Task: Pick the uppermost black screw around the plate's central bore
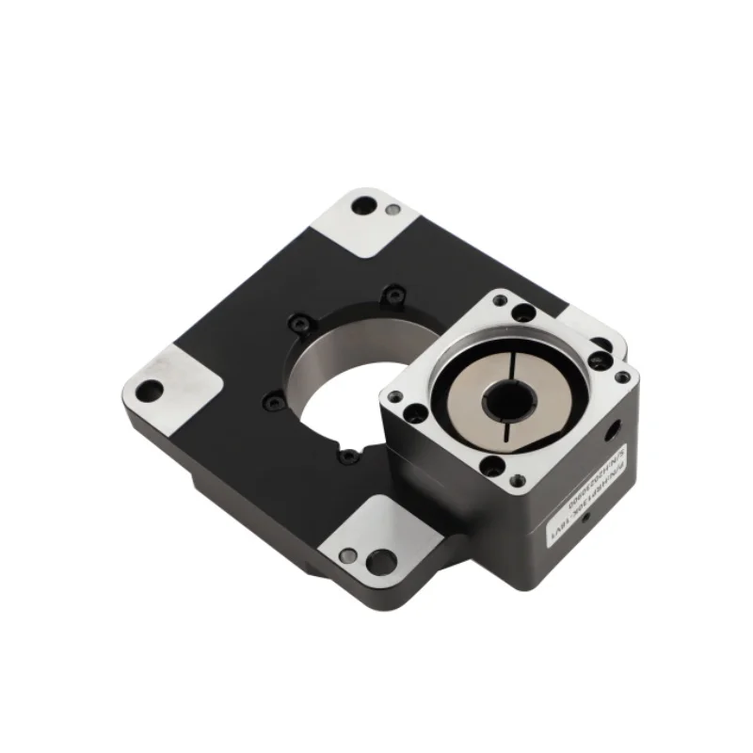click(x=393, y=298)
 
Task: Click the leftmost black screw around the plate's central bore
click(x=272, y=401)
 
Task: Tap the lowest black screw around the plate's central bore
click(x=349, y=456)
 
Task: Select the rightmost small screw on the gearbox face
click(x=621, y=377)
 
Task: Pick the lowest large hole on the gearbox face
click(x=490, y=464)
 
